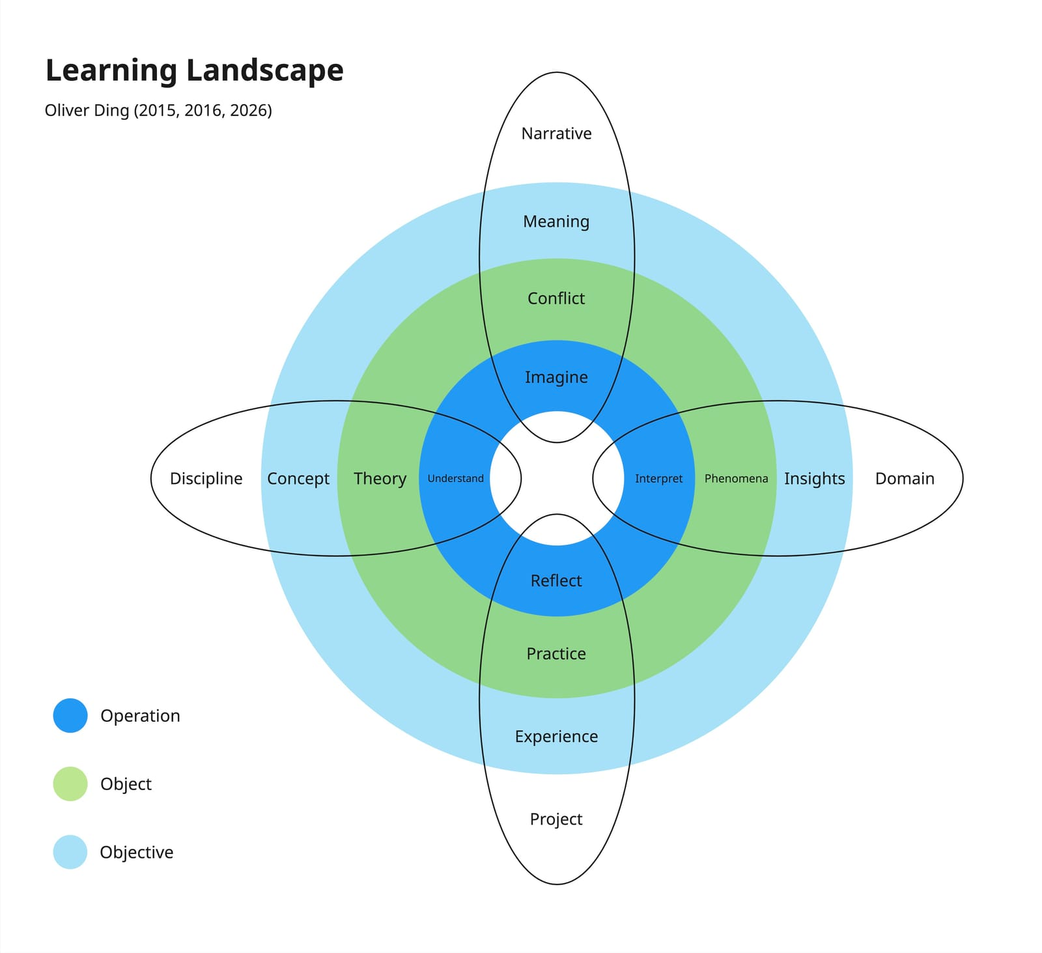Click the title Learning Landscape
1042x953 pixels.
[x=194, y=71]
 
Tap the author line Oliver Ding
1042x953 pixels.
[x=158, y=110]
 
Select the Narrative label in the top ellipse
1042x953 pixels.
[x=556, y=134]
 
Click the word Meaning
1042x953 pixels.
[x=556, y=221]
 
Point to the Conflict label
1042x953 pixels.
[x=556, y=298]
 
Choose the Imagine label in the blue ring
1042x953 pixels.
[x=556, y=377]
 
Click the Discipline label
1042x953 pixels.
[x=206, y=479]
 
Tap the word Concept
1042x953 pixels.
[x=298, y=479]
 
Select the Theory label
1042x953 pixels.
[x=380, y=479]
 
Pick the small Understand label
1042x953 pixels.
[x=455, y=479]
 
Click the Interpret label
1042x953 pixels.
[x=658, y=479]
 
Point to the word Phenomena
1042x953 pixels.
[x=736, y=479]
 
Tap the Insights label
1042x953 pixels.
[x=814, y=479]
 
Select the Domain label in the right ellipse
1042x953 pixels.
[x=905, y=479]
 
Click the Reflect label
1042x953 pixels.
[x=556, y=580]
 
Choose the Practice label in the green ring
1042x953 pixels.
[x=556, y=653]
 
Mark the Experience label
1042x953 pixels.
[x=556, y=736]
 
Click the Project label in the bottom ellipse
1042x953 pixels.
[x=556, y=819]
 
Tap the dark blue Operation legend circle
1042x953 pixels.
[x=70, y=715]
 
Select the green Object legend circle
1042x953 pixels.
[x=70, y=784]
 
